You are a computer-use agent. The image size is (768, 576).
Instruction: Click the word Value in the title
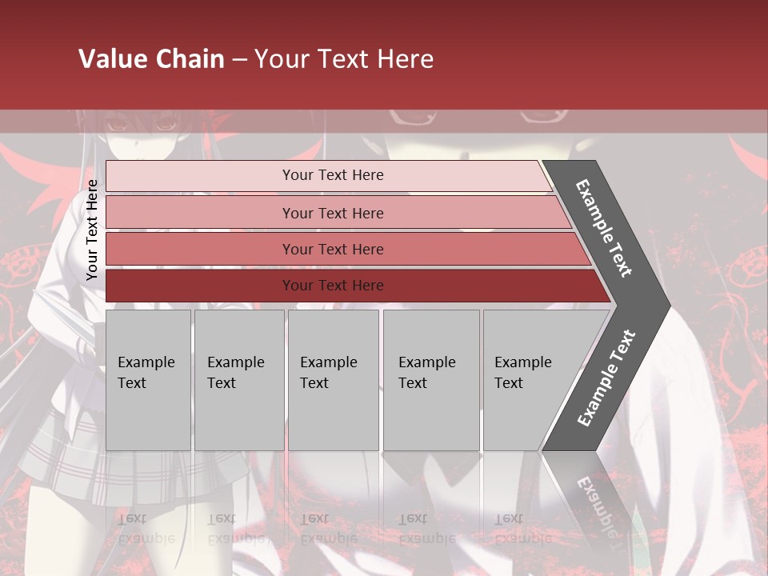click(x=111, y=59)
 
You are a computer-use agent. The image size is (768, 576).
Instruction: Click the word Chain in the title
click(x=188, y=59)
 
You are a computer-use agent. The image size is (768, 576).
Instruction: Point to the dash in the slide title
click(x=239, y=60)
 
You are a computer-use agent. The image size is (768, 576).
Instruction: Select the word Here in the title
click(x=405, y=59)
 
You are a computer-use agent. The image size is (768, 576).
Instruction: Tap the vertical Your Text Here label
click(x=92, y=230)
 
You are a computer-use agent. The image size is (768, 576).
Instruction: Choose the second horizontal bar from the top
click(x=332, y=213)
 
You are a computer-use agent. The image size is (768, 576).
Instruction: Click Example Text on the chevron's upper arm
click(x=604, y=228)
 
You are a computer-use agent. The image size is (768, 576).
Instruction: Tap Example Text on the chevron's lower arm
click(x=606, y=378)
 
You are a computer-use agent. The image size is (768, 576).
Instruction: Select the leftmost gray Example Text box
click(x=148, y=380)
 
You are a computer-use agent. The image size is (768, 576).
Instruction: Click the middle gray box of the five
click(x=333, y=380)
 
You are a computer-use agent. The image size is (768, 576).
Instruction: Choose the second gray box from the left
click(x=239, y=380)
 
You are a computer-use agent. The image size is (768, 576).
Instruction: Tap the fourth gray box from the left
click(x=431, y=380)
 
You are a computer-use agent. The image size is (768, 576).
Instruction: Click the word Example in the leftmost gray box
click(x=146, y=362)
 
